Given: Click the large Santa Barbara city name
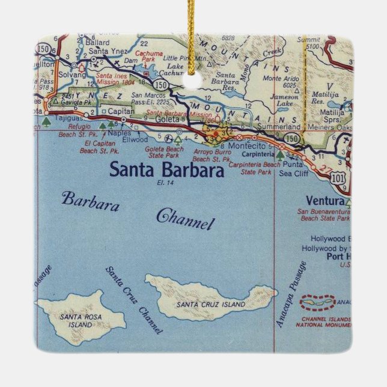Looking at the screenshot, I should tap(166, 170).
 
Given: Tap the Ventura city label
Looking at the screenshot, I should tap(325, 201).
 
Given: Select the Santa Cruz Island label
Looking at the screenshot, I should tap(210, 305).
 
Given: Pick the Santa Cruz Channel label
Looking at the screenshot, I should tap(133, 300).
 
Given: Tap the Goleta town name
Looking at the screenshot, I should tap(168, 120).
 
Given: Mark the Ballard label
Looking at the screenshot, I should tap(97, 43).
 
